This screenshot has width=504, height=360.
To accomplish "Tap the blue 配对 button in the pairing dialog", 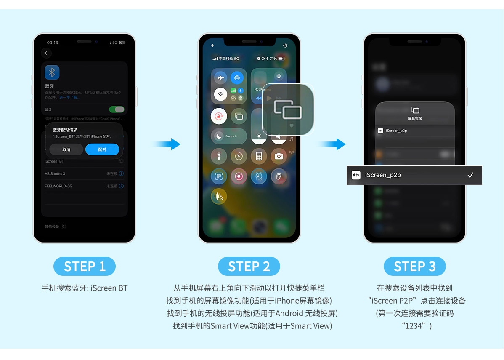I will [x=102, y=149].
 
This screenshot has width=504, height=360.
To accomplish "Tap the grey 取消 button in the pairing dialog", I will [x=66, y=149].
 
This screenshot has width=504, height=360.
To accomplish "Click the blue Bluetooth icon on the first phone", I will [x=52, y=72].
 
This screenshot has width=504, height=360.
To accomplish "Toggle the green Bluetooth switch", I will [x=117, y=109].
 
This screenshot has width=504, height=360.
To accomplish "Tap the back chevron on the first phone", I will [x=46, y=53].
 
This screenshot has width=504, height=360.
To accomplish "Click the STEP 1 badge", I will [x=85, y=267].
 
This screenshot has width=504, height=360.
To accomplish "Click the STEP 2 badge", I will [x=249, y=267].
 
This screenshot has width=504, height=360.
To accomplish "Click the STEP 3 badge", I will [x=414, y=267].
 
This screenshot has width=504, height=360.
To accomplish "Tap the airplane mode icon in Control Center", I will [x=220, y=78].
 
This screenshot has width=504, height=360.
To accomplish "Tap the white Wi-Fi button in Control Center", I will [x=220, y=94].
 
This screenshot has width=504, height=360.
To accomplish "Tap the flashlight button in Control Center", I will [x=219, y=156].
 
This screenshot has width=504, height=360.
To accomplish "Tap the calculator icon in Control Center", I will [x=259, y=156].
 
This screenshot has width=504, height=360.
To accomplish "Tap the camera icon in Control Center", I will [x=279, y=156].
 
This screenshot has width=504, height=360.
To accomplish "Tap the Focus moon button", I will [x=219, y=136].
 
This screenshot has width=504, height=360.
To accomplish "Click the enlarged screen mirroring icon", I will [x=288, y=109].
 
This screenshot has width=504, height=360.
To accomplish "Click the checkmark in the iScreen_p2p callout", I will [x=470, y=175].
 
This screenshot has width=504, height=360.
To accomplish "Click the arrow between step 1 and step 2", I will [x=168, y=144].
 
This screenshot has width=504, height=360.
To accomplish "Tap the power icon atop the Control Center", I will [x=285, y=45].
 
